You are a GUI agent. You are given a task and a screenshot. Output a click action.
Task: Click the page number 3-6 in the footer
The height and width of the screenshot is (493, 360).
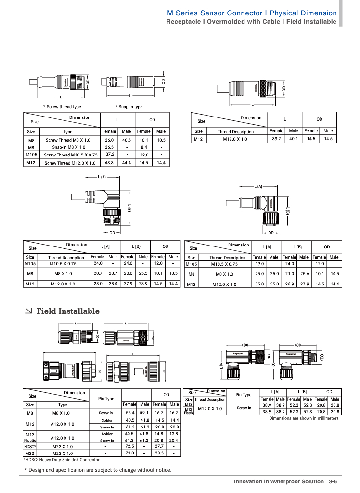pyautogui.click(x=332, y=481)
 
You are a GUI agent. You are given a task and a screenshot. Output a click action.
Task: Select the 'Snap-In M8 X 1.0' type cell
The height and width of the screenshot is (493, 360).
pyautogui.click(x=68, y=147)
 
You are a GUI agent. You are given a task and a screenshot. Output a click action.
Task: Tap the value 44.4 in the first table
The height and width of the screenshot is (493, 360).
pyautogui.click(x=127, y=163)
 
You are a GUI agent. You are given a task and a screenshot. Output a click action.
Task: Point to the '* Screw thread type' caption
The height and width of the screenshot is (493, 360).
pyautogui.click(x=62, y=107)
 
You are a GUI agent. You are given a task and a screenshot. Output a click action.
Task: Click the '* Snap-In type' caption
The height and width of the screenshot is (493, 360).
pyautogui.click(x=129, y=107)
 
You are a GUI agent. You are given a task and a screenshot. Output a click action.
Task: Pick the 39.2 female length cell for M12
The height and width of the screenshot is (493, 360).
pyautogui.click(x=276, y=139)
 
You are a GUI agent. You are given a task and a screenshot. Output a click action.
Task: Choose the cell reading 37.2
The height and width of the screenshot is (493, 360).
pyautogui.click(x=109, y=155)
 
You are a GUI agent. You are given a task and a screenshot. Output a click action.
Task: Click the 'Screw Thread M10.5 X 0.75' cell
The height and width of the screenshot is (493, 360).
pyautogui.click(x=70, y=155)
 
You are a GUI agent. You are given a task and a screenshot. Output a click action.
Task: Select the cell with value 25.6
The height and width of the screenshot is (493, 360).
pyautogui.click(x=304, y=274)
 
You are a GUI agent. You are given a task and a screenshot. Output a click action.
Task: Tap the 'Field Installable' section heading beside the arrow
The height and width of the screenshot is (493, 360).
pyautogui.click(x=68, y=311)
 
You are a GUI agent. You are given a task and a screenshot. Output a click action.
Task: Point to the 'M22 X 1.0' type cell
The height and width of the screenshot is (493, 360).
pyautogui.click(x=63, y=446)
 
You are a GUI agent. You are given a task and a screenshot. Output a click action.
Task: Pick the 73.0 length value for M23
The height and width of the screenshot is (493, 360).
pyautogui.click(x=129, y=453)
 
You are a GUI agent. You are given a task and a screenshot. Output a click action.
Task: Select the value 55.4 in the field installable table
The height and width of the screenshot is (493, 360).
pyautogui.click(x=129, y=413)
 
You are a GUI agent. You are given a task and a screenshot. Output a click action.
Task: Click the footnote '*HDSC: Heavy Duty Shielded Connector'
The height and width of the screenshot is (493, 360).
pyautogui.click(x=62, y=460)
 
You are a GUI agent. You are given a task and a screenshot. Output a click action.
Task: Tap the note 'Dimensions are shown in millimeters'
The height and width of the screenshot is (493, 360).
pyautogui.click(x=304, y=418)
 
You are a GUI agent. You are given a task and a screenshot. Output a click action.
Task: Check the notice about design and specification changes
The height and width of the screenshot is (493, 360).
pyautogui.click(x=98, y=470)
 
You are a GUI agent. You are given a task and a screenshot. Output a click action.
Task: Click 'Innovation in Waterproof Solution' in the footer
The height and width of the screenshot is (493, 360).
pyautogui.click(x=279, y=481)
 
